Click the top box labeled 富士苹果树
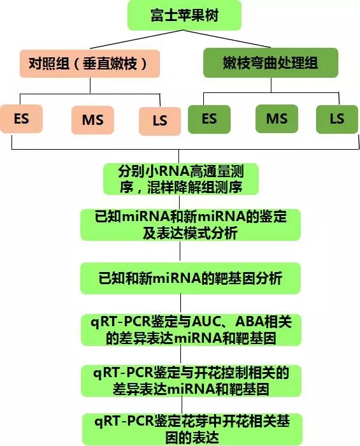coord(184,15)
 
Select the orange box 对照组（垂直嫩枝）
coord(90,64)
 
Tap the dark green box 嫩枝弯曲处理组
coord(271,63)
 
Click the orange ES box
coord(21,119)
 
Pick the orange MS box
coord(92,120)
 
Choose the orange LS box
coord(160,121)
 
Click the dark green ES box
coord(209,119)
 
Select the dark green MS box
coord(277,119)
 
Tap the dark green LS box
coord(337,119)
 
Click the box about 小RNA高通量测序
coord(181,179)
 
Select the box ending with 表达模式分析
coord(191,225)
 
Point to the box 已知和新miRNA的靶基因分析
coord(191,278)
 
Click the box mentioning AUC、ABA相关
coord(191,330)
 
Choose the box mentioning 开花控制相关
coord(191,381)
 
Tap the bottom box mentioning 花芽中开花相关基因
coord(192,429)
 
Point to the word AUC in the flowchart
coord(206,322)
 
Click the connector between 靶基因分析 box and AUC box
coord(180,305)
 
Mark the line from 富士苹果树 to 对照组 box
coord(137,40)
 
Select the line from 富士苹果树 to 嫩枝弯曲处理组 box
coord(227,39)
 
